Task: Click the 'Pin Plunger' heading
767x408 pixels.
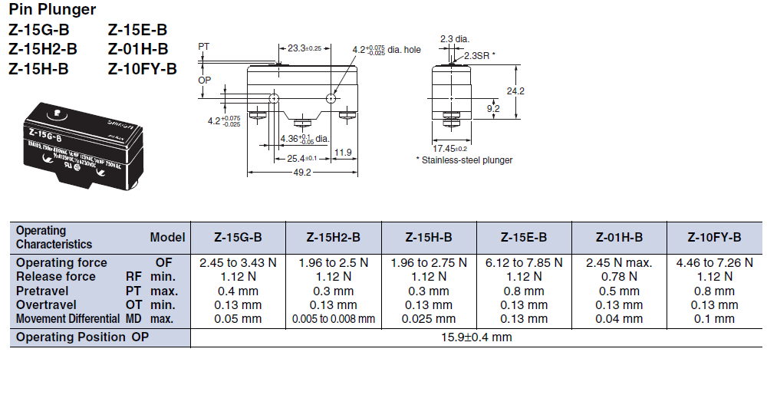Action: point(52,10)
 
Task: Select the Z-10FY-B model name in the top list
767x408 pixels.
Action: point(142,69)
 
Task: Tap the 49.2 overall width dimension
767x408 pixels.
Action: point(301,173)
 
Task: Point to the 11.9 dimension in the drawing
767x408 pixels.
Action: point(343,153)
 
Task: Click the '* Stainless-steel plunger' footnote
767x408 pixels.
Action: point(463,160)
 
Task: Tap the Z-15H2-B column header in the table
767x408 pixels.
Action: point(333,237)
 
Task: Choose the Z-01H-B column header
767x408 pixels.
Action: point(619,237)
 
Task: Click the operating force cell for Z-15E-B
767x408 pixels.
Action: point(524,262)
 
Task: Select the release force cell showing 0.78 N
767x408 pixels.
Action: point(619,276)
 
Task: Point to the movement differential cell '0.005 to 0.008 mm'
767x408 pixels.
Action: point(333,318)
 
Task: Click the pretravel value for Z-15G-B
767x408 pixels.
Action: point(237,291)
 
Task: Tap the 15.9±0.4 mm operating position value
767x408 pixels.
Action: point(476,337)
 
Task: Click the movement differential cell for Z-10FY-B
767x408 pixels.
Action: point(714,318)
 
